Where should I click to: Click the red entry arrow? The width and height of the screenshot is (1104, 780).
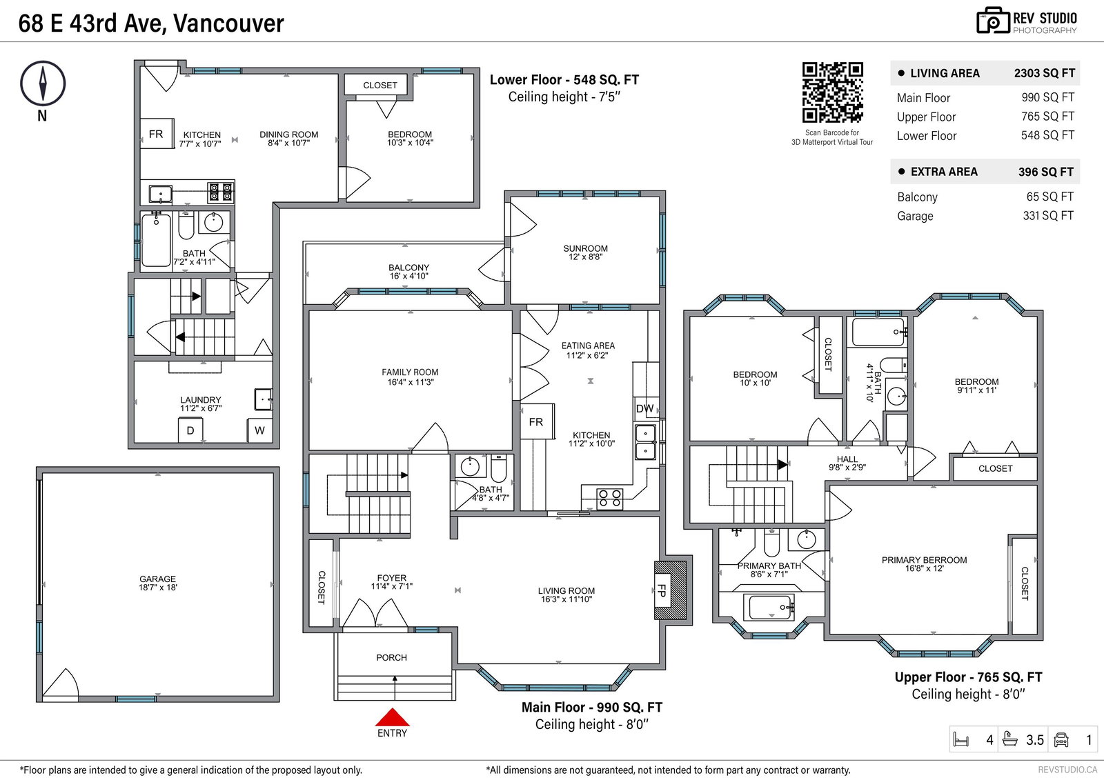click(393, 717)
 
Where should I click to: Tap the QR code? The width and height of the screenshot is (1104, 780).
click(832, 92)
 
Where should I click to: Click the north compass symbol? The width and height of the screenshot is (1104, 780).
click(43, 83)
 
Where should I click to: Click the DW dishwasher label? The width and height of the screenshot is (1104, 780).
click(644, 408)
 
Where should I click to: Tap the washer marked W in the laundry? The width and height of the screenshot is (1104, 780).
click(259, 430)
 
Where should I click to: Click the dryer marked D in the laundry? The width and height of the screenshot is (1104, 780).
click(190, 430)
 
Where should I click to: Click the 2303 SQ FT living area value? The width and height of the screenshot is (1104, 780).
click(1045, 73)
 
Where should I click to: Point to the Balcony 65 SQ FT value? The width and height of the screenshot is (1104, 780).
click(1049, 197)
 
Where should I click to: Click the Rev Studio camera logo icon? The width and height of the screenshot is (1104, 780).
click(993, 21)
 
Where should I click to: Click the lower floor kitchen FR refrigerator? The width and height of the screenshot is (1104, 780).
click(156, 134)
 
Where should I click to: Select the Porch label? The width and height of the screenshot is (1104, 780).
click(392, 657)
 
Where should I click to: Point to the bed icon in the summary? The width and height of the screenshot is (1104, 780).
click(961, 740)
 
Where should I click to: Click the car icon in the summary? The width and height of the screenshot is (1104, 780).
click(1061, 740)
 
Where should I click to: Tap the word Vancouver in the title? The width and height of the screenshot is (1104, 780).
click(228, 23)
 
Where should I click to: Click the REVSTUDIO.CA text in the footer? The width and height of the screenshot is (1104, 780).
click(1067, 770)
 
